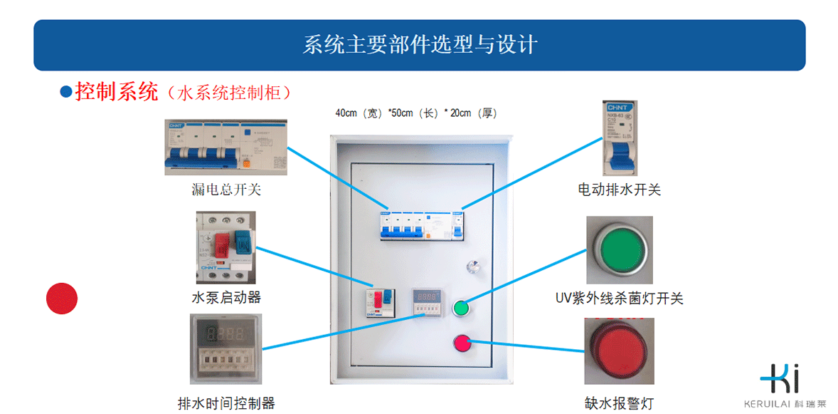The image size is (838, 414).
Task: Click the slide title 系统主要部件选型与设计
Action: [x=420, y=45]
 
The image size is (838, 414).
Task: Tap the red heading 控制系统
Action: [x=116, y=92]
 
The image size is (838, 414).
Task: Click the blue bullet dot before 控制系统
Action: [x=65, y=92]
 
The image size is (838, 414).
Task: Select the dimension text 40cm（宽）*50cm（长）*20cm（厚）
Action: [x=415, y=113]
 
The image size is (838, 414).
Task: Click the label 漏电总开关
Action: [x=221, y=190]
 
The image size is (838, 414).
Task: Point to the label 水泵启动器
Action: [x=221, y=297]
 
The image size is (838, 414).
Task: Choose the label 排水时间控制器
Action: [x=226, y=403]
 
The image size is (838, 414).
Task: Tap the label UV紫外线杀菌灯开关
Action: [x=619, y=298]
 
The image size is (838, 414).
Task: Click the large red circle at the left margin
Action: [x=62, y=298]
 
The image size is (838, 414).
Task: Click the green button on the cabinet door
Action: [x=461, y=308]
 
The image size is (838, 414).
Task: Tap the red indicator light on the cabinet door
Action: [x=462, y=343]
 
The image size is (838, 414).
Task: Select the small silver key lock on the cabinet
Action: [x=472, y=267]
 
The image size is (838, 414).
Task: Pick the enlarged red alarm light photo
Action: [x=618, y=352]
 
